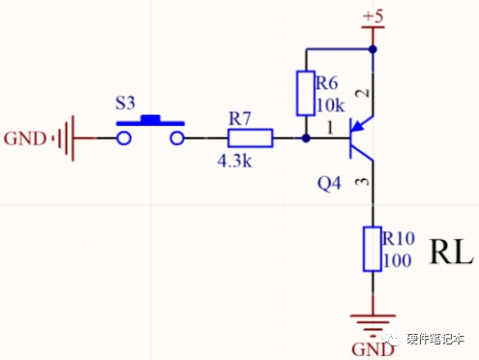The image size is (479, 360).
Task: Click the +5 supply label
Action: pos(374,15)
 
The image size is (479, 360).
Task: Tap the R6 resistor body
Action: pos(306,93)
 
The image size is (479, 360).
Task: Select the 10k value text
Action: pos(331,105)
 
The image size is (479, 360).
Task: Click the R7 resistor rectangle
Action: pos(251,138)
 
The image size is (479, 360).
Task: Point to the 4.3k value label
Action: pos(234,161)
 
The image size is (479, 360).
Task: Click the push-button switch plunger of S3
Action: pos(150,120)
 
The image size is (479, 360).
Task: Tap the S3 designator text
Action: pos(125,104)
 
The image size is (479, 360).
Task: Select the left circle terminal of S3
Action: pos(124,138)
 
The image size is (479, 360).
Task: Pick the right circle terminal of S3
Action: pos(177,138)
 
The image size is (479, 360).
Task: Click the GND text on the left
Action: pos(25,139)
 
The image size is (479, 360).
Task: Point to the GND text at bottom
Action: pos(373,349)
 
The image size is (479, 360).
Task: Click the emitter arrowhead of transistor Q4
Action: pos(358,126)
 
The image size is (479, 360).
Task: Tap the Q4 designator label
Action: pos(329,184)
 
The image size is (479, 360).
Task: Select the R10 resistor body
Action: pos(373,249)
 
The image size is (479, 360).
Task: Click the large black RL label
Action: pos(451,252)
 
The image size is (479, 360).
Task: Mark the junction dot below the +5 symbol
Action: pos(373,49)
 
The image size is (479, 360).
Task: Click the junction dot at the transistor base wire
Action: pos(306,138)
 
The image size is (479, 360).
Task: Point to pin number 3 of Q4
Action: pos(363,182)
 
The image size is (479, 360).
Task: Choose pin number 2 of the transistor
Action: pos(363,93)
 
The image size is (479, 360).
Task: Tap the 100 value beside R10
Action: pos(398,260)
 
